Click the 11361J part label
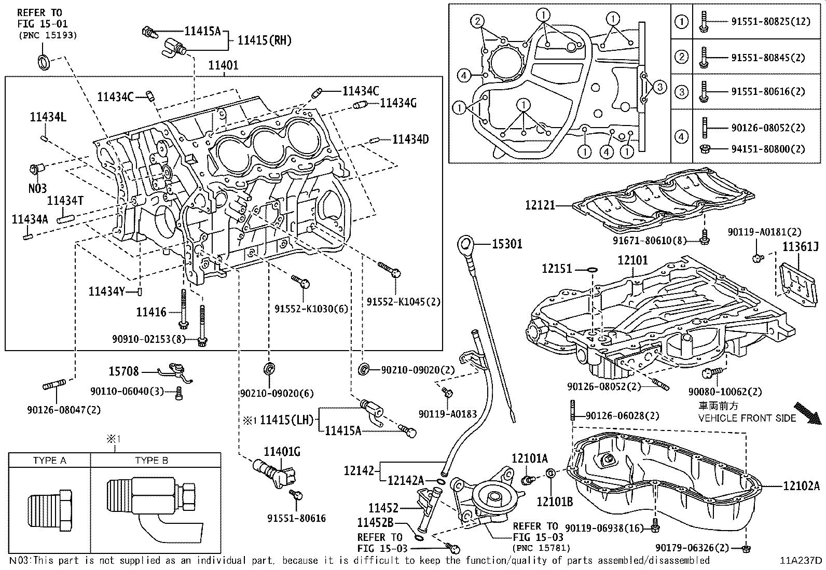pyautogui.click(x=801, y=247)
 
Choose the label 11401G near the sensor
pyautogui.click(x=282, y=452)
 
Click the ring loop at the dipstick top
pyautogui.click(x=465, y=242)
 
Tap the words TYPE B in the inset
pyautogui.click(x=152, y=461)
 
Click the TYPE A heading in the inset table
pyautogui.click(x=50, y=461)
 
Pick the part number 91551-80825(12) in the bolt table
pyautogui.click(x=770, y=22)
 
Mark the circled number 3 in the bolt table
pyautogui.click(x=681, y=92)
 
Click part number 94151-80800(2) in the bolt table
pyautogui.click(x=768, y=149)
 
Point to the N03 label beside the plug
pyautogui.click(x=37, y=188)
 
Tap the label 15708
pyautogui.click(x=123, y=371)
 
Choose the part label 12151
pyautogui.click(x=556, y=269)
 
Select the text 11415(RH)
pyautogui.click(x=265, y=40)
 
